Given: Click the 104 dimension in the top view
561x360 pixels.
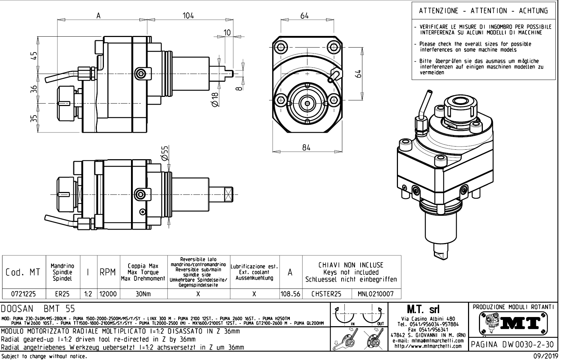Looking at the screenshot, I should tap(188, 16).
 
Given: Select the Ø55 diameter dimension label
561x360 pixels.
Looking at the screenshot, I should tap(165, 154).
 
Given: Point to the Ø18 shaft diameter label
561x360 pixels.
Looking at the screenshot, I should tap(216, 99).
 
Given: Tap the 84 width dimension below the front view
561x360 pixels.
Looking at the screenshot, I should tap(306, 148).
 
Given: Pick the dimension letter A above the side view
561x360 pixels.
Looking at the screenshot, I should tap(99, 16).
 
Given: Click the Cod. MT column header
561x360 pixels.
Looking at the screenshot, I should tap(23, 272).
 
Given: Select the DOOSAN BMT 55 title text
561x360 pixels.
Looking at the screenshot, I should tap(38, 309).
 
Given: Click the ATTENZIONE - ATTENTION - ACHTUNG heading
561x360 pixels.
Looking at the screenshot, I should tap(484, 11).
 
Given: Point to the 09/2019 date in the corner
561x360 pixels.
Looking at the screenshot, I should tap(547, 356).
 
